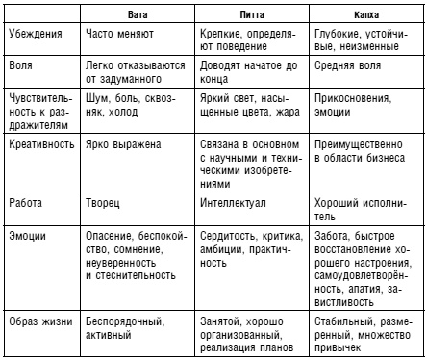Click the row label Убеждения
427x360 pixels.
34,33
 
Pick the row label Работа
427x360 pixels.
25,204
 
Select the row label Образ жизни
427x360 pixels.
38,319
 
